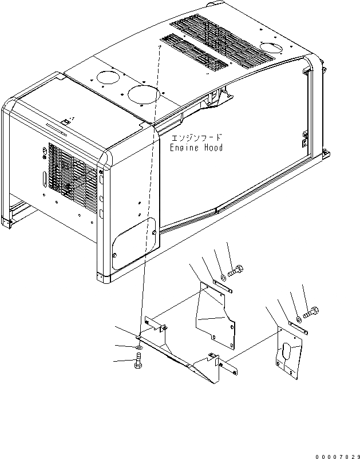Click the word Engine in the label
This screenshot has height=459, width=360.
183,148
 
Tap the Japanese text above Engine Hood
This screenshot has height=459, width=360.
196,139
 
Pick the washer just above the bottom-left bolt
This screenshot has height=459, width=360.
139,347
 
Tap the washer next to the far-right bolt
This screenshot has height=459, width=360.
298,319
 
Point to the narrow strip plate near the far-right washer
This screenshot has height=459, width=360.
298,328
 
